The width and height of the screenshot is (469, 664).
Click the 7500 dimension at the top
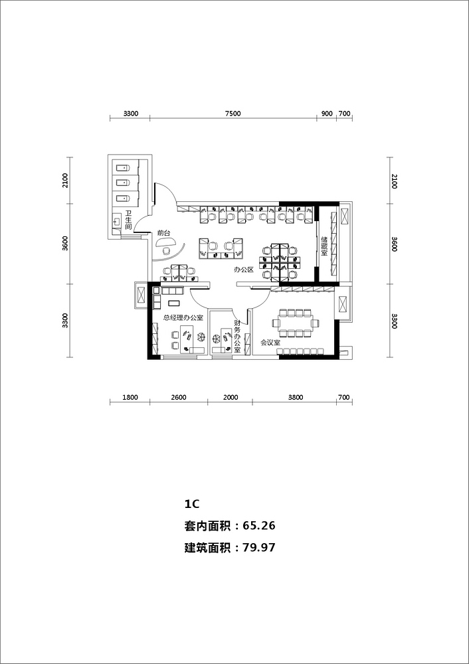pyautogui.click(x=233, y=114)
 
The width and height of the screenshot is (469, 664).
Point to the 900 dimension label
pyautogui.click(x=327, y=114)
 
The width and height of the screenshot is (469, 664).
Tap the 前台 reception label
pyautogui.click(x=163, y=233)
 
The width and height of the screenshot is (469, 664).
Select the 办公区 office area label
pyautogui.click(x=244, y=270)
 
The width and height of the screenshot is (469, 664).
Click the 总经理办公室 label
pyautogui.click(x=183, y=318)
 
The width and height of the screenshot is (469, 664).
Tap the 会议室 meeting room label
pyautogui.click(x=269, y=343)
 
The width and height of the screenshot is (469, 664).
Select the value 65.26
pyautogui.click(x=259, y=526)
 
